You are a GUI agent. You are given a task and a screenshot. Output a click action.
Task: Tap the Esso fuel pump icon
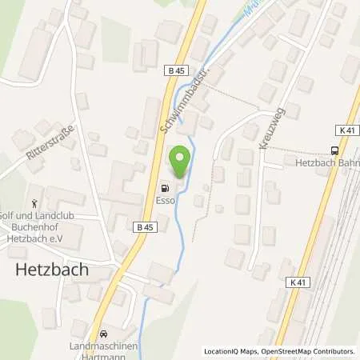[166, 179]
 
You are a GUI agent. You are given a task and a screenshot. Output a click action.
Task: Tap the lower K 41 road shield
[299, 282]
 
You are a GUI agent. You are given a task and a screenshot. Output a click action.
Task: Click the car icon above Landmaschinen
[103, 332]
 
